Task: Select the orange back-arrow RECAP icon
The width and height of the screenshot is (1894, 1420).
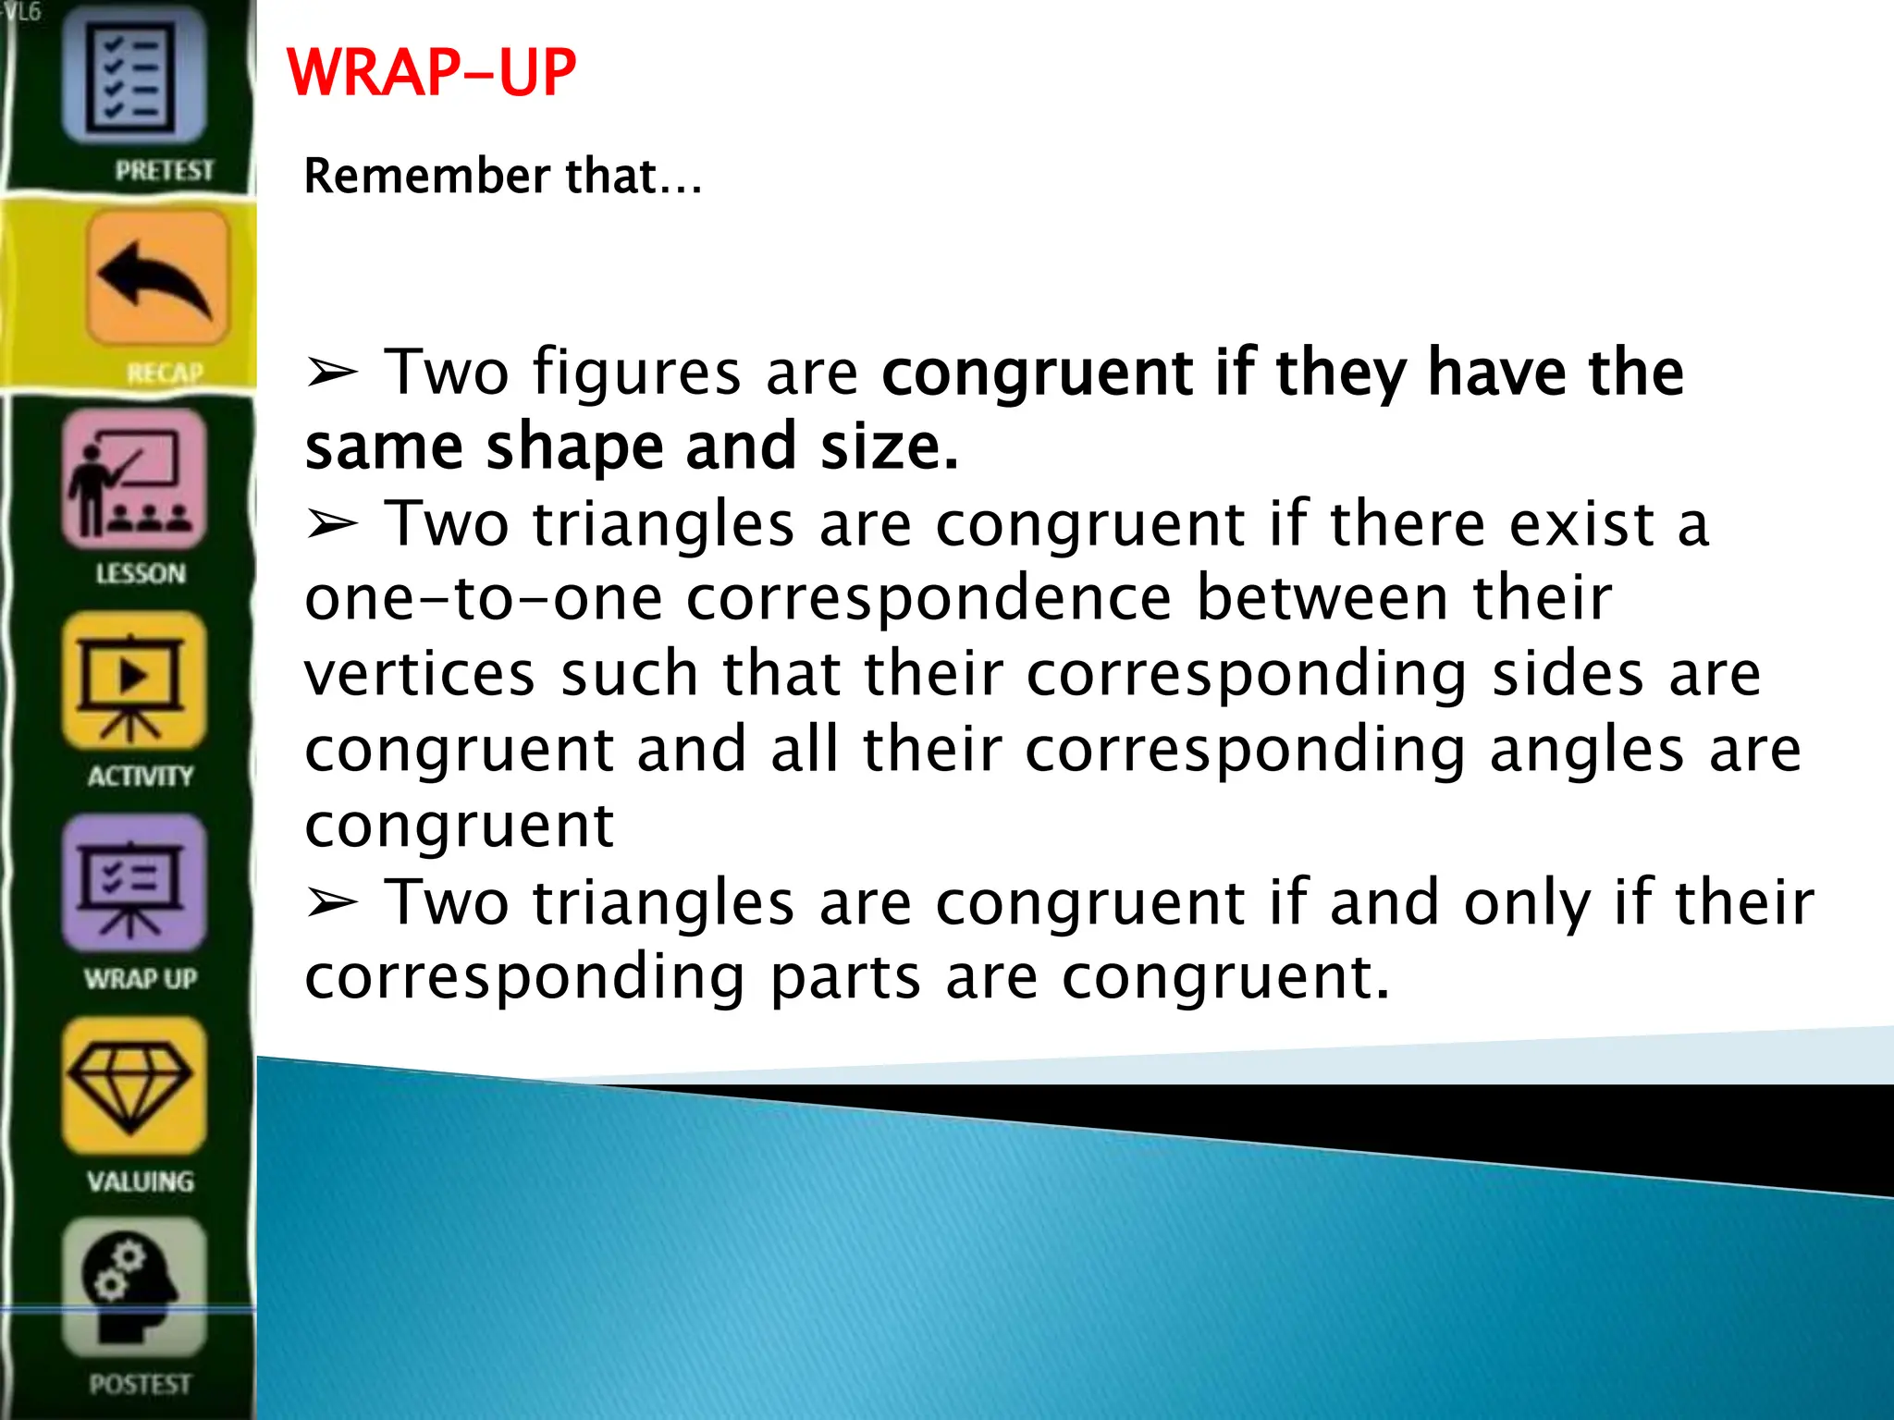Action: coord(157,277)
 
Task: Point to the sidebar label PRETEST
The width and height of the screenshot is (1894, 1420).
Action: coord(164,171)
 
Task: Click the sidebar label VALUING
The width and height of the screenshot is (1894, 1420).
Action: coord(141,1181)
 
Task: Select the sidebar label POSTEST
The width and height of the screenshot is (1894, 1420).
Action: coord(141,1384)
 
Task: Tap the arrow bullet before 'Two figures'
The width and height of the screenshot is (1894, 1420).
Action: coord(331,373)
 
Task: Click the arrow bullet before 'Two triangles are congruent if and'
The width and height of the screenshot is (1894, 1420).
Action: coord(331,902)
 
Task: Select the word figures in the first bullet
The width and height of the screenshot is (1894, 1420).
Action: coord(636,373)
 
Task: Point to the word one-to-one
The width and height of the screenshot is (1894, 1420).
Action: coord(483,599)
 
